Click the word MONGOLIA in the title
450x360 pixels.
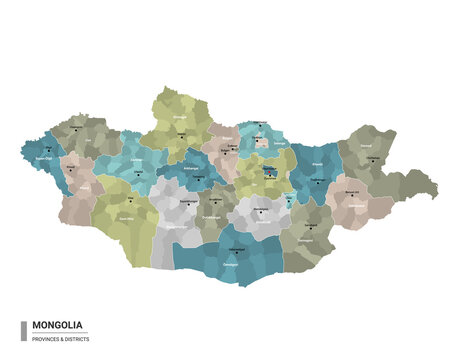58,324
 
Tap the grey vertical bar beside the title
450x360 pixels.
23,330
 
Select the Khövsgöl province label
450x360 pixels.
180,118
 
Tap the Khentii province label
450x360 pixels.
317,162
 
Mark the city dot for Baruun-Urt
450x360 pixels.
350,193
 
